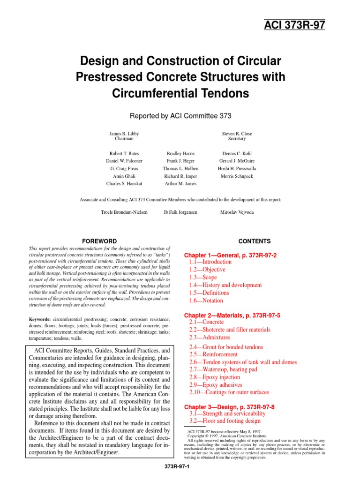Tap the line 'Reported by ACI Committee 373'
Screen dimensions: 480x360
pyautogui.click(x=180, y=115)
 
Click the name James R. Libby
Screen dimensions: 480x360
pyautogui.click(x=124, y=134)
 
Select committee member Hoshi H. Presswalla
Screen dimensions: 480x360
pyautogui.click(x=237, y=168)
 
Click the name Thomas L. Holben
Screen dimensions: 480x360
pyautogui.click(x=180, y=168)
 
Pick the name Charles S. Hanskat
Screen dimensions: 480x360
pyautogui.click(x=124, y=184)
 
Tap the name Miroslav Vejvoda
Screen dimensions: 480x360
pyautogui.click(x=237, y=212)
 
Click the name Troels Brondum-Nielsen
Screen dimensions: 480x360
pyautogui.click(x=124, y=212)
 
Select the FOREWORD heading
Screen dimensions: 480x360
pyautogui.click(x=99, y=241)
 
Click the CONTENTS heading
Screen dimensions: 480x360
pyautogui.click(x=255, y=241)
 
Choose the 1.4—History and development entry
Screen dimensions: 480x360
pyautogui.click(x=225, y=285)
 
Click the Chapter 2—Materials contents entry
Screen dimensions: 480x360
pyautogui.click(x=234, y=315)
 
